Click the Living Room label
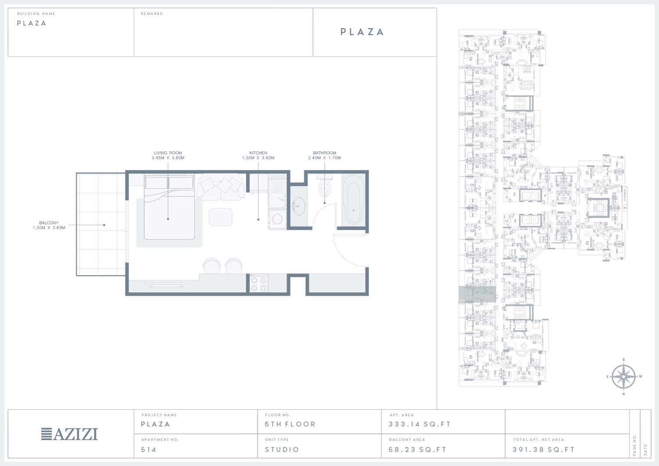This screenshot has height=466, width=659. (168, 153)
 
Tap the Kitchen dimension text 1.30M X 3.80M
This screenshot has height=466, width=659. (258, 158)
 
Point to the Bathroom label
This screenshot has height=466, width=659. (324, 153)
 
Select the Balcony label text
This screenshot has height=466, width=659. (49, 223)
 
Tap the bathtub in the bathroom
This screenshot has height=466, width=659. (353, 199)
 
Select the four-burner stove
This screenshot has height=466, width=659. (259, 284)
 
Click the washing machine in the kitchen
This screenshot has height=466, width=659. (277, 219)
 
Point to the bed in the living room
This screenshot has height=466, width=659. (169, 207)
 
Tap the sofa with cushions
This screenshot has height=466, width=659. (221, 187)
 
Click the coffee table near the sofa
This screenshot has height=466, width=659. (221, 217)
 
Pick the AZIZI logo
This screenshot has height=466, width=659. (69, 434)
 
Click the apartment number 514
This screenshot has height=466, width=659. (148, 449)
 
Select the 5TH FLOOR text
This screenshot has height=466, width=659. (290, 424)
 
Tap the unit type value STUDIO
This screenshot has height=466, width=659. (282, 449)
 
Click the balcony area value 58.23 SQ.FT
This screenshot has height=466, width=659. (417, 449)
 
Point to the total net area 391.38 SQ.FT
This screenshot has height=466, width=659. (543, 449)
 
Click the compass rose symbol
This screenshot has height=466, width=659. (623, 376)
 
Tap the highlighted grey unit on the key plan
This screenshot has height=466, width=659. (478, 294)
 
